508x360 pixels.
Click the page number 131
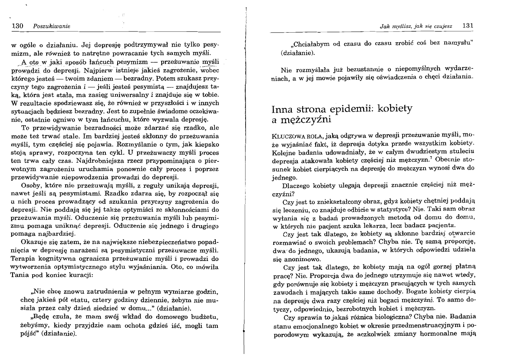click(x=467, y=26)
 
